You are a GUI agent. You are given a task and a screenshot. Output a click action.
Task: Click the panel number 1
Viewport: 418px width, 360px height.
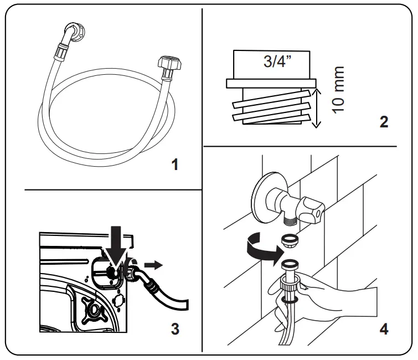point(174,165)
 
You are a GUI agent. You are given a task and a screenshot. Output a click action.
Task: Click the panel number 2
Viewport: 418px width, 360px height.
point(384,122)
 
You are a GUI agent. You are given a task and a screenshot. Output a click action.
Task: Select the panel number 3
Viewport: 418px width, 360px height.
point(174,329)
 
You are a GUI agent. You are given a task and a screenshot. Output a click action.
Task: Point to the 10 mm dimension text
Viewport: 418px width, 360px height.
point(338,90)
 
